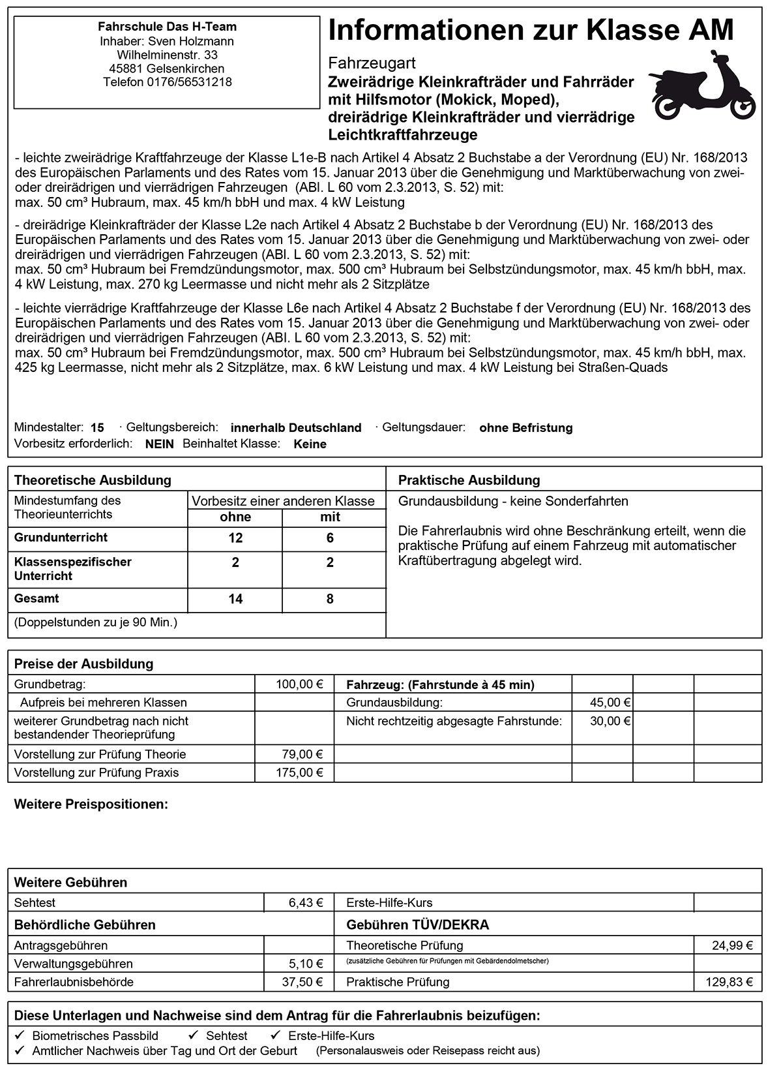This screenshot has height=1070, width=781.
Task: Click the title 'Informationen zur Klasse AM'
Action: click(x=531, y=31)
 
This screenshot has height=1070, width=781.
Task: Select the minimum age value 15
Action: click(x=97, y=428)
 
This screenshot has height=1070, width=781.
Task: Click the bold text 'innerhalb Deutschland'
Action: click(x=296, y=428)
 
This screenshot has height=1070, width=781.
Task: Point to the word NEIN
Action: click(x=160, y=444)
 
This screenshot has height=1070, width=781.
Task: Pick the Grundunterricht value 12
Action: click(x=235, y=538)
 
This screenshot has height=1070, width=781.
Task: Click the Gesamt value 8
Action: click(x=330, y=599)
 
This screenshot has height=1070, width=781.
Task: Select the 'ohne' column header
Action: click(x=235, y=517)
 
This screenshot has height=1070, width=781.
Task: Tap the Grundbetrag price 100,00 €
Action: click(x=299, y=684)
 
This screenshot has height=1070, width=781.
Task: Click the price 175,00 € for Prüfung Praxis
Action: click(x=299, y=773)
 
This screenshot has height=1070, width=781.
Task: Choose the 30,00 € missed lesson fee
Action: click(x=610, y=721)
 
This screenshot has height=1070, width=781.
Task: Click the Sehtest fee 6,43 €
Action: click(x=306, y=903)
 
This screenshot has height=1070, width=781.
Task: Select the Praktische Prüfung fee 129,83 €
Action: click(x=729, y=982)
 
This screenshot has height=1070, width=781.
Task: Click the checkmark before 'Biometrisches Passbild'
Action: click(x=20, y=1035)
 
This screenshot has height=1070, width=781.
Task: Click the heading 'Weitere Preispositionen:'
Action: click(x=91, y=804)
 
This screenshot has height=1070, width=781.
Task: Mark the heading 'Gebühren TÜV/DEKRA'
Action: click(x=417, y=925)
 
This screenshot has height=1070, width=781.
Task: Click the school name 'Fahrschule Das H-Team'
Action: click(x=167, y=27)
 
